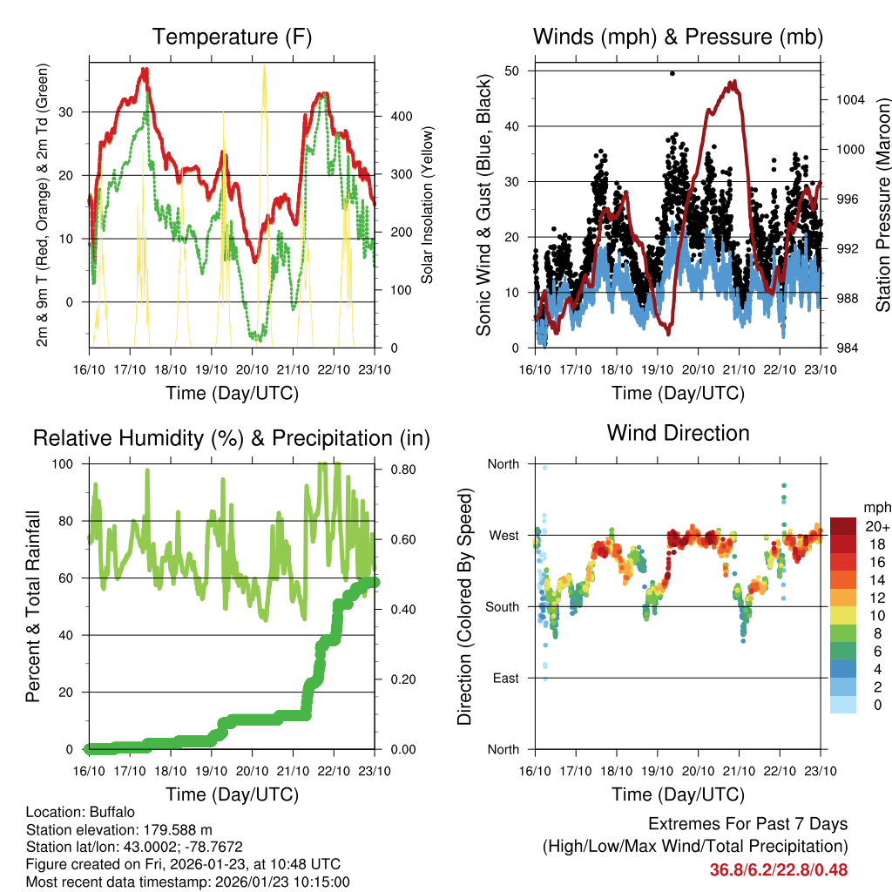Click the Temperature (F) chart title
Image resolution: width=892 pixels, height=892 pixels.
tap(232, 37)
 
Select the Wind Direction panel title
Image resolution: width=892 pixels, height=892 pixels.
tap(678, 433)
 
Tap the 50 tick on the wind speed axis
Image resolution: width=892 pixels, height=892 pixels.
tap(513, 71)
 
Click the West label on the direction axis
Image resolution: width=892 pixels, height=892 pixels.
tap(503, 535)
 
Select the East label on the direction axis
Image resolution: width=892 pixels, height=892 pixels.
tap(503, 678)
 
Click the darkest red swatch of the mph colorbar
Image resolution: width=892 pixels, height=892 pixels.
tap(843, 526)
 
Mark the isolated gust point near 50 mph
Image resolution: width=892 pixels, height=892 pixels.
tap(672, 73)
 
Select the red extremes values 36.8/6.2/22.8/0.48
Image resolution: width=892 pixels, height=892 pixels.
tap(778, 869)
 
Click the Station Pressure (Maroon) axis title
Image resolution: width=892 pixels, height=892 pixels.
tap(882, 205)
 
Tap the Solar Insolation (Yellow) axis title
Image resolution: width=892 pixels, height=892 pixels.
tap(428, 205)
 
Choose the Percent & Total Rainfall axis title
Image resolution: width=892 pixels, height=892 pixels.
tap(33, 606)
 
